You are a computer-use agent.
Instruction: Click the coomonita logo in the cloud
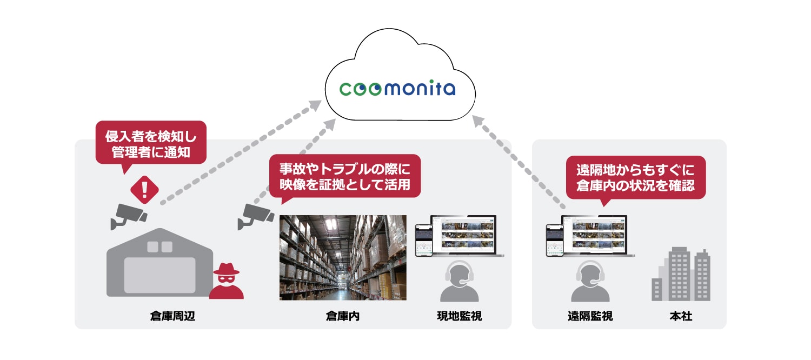click(397, 88)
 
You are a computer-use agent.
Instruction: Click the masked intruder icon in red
click(227, 282)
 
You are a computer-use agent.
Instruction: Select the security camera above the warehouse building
click(129, 216)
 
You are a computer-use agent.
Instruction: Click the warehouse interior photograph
click(343, 257)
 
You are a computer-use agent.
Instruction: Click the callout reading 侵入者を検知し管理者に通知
click(151, 142)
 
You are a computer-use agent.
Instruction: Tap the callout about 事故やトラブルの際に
click(345, 176)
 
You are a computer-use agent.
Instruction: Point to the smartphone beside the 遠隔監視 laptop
click(554, 240)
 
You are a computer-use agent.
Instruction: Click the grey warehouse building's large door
click(159, 275)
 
